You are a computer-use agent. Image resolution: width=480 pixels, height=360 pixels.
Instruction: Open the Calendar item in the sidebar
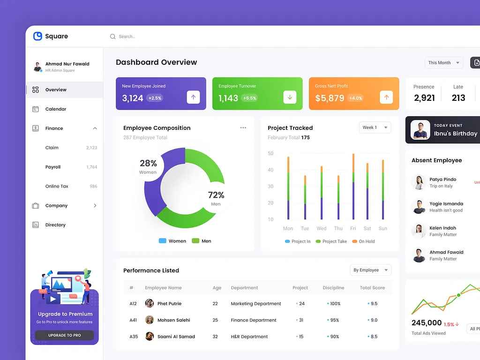[x=56, y=109]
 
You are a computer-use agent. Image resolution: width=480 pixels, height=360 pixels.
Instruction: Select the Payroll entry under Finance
[x=53, y=167]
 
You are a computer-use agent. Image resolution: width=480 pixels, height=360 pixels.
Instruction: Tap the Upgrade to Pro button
[x=64, y=335]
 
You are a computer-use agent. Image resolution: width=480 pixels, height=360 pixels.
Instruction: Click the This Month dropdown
[x=443, y=63]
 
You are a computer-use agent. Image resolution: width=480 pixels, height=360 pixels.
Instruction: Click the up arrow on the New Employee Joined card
[x=193, y=97]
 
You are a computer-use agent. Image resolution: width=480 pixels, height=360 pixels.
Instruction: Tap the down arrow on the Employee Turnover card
[x=290, y=97]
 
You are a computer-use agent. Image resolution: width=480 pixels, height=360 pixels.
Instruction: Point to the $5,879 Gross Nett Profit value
[x=330, y=98]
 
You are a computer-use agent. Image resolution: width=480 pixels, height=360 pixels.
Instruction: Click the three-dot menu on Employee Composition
[x=243, y=127]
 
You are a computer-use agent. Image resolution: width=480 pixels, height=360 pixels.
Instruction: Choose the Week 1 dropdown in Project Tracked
[x=375, y=127]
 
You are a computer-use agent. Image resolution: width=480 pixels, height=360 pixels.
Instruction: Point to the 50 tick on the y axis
[x=270, y=153]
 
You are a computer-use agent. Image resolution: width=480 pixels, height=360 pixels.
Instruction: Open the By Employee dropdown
[x=370, y=270]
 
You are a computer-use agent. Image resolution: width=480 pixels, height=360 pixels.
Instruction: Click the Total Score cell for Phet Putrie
[x=374, y=304]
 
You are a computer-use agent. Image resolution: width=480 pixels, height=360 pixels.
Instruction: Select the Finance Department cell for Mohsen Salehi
[x=254, y=320]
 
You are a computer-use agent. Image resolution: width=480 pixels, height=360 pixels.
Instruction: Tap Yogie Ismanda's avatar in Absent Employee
[x=419, y=207]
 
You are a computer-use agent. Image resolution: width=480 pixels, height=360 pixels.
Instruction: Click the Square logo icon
[x=38, y=36]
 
